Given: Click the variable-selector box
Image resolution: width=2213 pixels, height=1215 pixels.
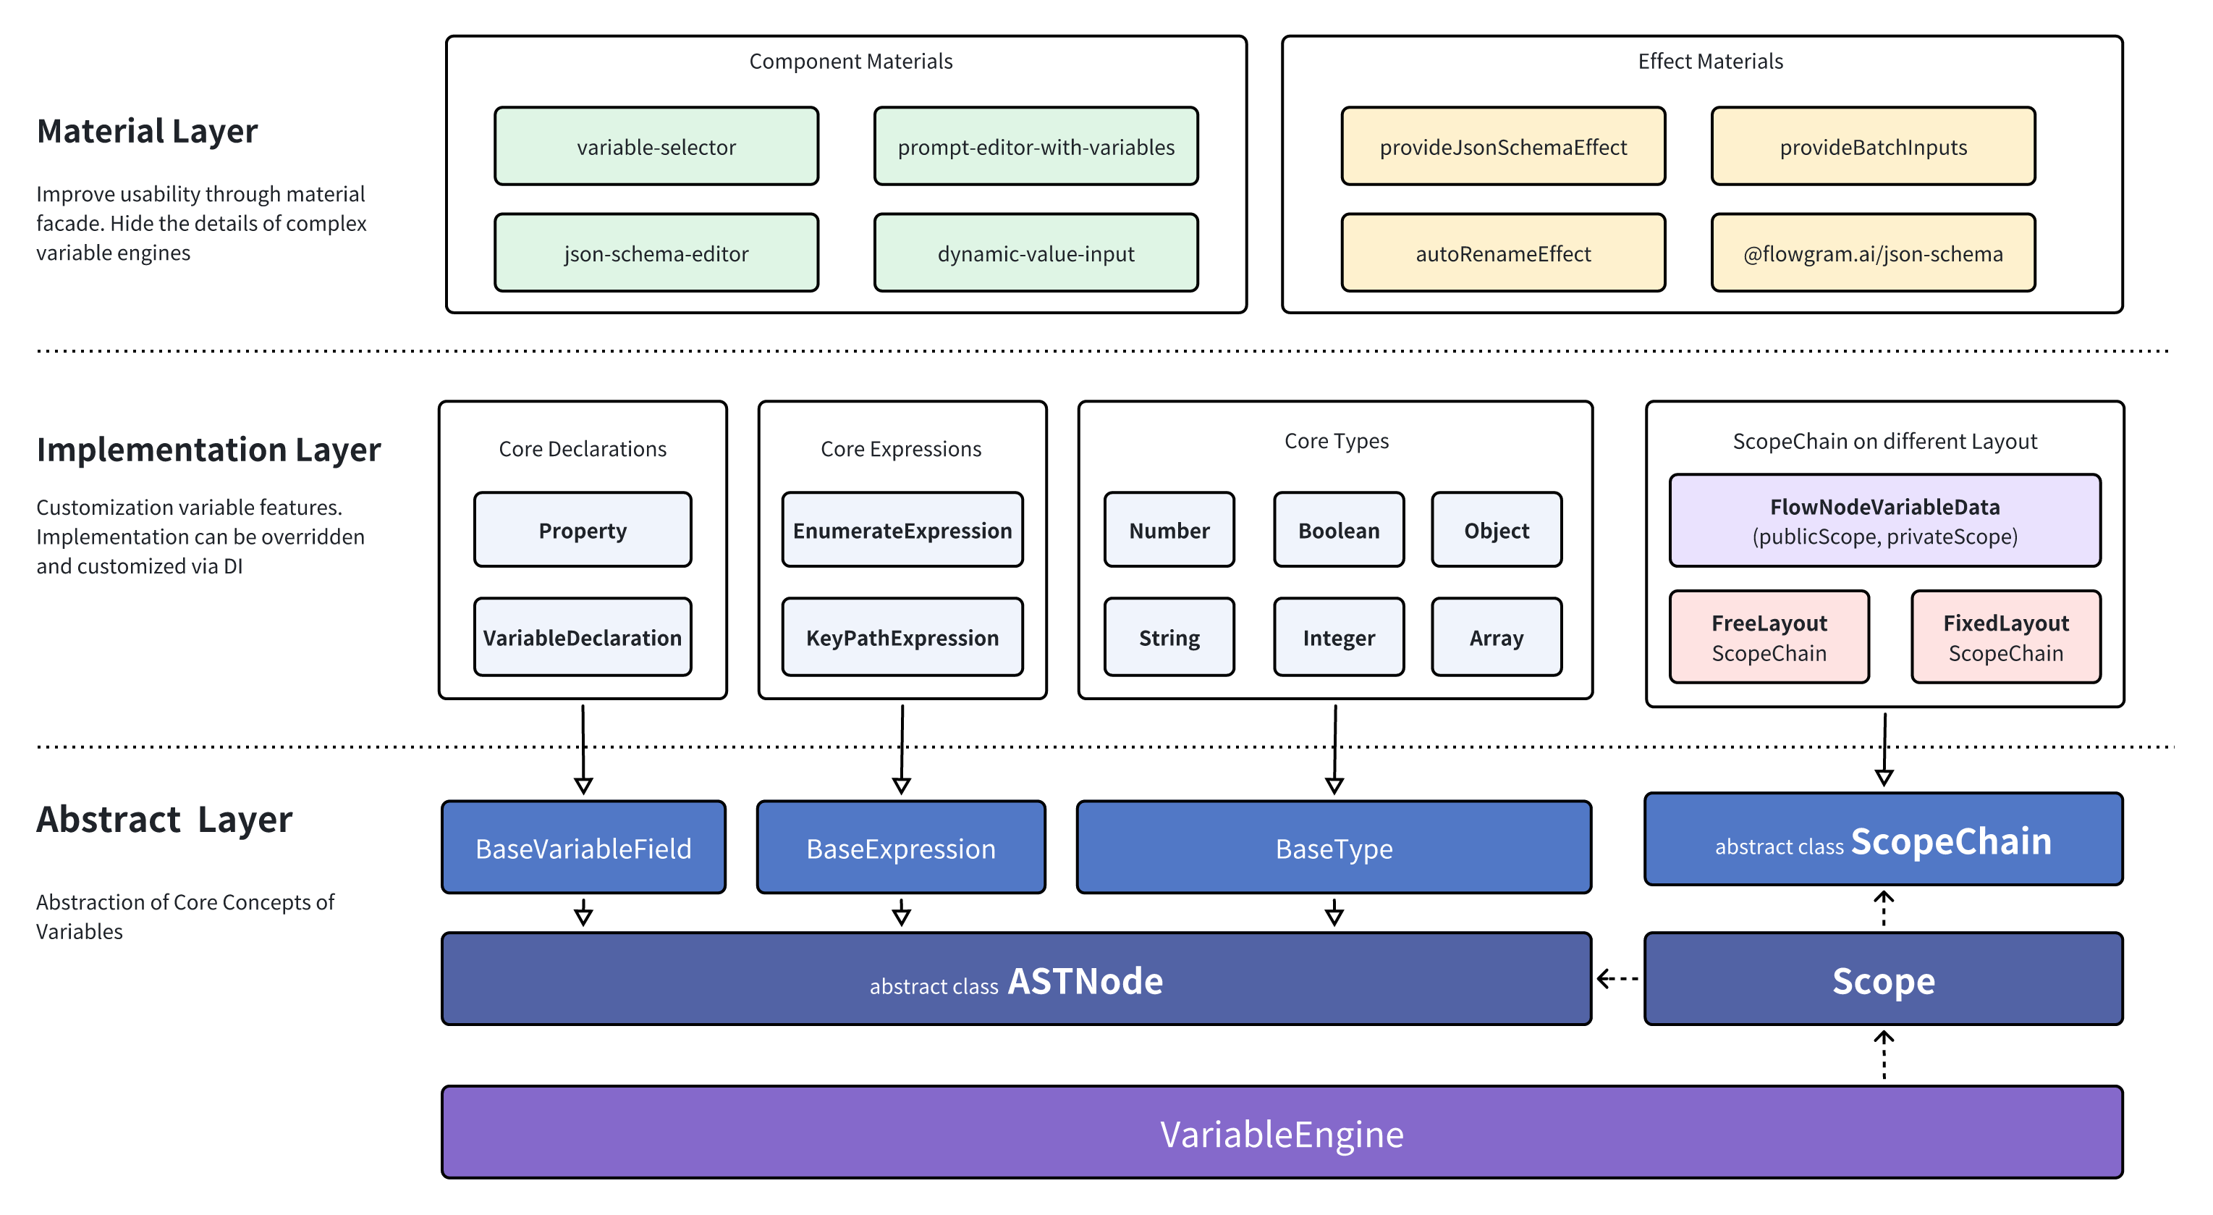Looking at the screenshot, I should tap(656, 147).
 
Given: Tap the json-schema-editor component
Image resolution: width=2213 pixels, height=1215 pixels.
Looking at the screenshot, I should tap(656, 253).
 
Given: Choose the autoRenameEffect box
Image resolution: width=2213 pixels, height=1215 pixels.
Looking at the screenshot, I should tap(1502, 253).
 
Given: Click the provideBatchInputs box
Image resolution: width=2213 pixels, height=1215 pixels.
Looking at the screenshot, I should tap(1873, 147).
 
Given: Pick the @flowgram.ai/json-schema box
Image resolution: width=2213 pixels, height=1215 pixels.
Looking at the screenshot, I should tap(1873, 253).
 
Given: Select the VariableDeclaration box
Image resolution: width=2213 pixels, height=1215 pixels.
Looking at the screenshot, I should tap(582, 638).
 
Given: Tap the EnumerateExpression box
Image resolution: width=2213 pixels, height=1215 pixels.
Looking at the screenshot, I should tap(902, 530).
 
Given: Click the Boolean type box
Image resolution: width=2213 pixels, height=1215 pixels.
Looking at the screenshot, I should tap(1339, 530).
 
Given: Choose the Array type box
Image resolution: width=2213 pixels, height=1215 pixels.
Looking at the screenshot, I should tap(1496, 638).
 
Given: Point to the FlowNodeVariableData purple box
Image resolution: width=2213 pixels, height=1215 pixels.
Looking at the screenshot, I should tap(1885, 521).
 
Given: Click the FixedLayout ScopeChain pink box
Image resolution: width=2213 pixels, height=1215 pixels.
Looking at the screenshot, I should tap(2005, 638).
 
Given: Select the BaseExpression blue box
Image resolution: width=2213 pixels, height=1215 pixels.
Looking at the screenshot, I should tap(900, 848).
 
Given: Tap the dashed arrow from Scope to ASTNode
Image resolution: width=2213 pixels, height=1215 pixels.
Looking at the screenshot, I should tap(1617, 979).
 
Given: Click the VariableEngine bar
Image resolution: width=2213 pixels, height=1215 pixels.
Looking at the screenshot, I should tap(1282, 1133).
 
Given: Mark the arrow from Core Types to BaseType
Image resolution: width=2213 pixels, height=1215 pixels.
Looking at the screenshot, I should tap(1334, 747).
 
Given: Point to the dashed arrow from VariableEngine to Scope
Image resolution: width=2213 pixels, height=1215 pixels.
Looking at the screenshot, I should tap(1883, 1056).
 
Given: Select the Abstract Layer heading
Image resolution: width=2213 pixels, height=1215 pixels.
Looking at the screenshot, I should tap(164, 820).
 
